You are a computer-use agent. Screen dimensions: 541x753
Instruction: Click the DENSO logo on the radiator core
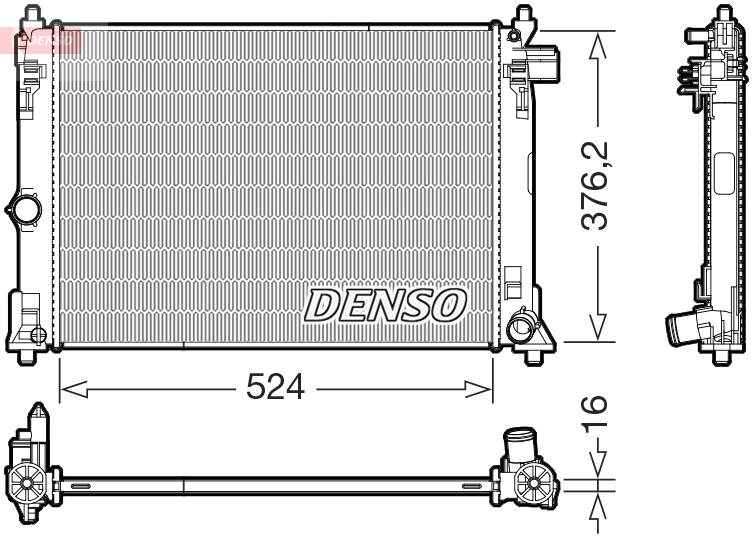click(x=385, y=305)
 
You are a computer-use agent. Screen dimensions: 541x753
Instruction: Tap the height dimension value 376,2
click(x=597, y=187)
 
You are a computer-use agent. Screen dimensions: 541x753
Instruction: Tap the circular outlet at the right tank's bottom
click(x=520, y=326)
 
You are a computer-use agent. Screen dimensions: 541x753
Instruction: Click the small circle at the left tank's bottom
click(x=37, y=334)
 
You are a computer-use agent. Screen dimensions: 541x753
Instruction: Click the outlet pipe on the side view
click(x=683, y=328)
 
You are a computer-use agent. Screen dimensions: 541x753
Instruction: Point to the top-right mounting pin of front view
click(x=523, y=17)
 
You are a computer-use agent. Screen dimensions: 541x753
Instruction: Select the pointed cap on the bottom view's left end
click(x=37, y=418)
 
